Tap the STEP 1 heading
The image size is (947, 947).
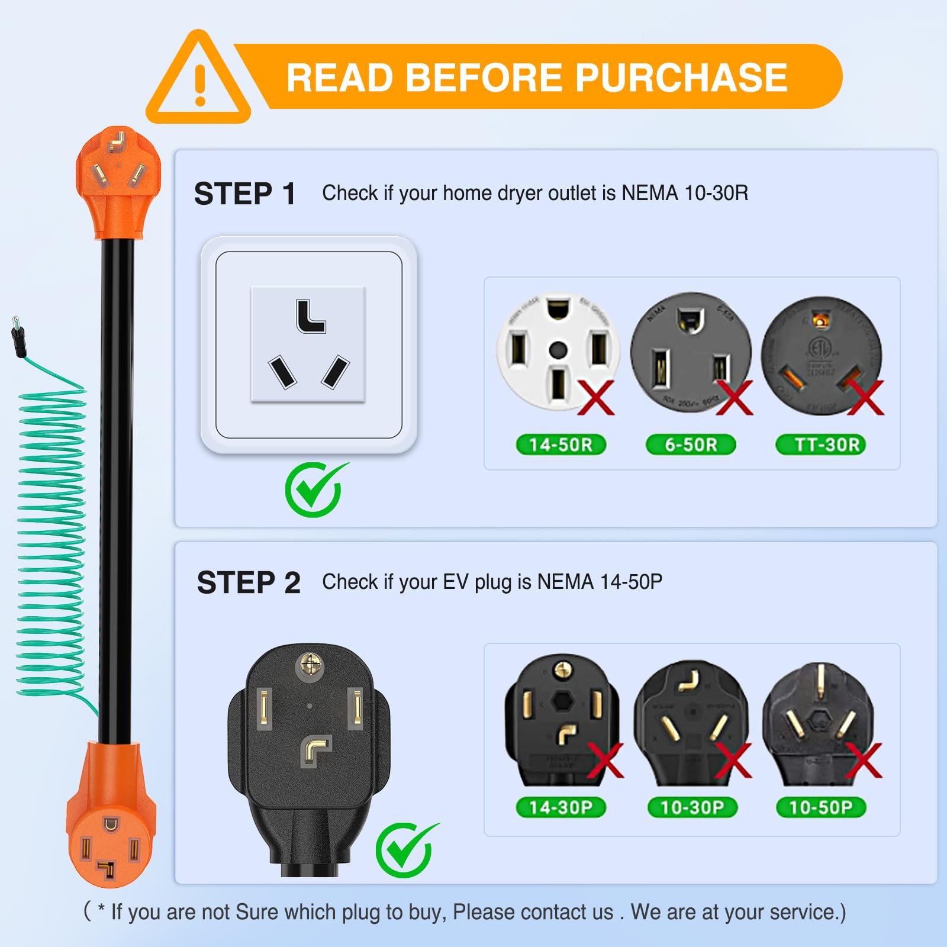(245, 194)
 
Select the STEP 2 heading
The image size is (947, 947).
(249, 583)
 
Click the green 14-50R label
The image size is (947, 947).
(561, 444)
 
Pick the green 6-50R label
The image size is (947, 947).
(691, 444)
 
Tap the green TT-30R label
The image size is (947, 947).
(821, 444)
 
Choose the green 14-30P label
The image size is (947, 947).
(561, 807)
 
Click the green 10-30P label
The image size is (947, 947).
(692, 807)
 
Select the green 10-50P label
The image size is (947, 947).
(821, 807)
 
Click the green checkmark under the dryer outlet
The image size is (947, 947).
(315, 489)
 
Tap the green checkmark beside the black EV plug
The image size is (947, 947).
(406, 849)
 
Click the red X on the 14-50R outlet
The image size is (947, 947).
(596, 398)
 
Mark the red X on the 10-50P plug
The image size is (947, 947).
(864, 761)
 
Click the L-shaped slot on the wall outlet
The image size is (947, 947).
(310, 317)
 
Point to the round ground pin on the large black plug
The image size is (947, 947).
(310, 665)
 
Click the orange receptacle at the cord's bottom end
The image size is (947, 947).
(110, 835)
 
